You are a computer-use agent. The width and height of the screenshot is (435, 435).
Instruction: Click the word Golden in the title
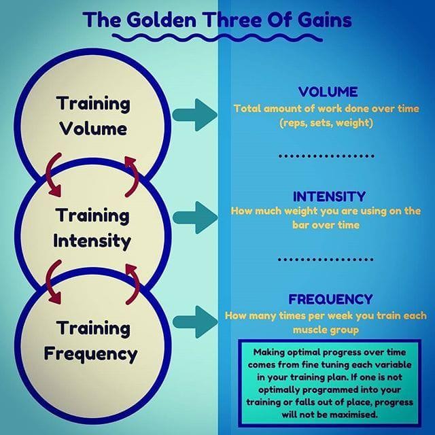162,20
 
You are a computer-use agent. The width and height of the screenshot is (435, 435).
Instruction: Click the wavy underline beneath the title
217,38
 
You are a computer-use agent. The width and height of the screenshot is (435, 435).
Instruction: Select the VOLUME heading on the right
328,92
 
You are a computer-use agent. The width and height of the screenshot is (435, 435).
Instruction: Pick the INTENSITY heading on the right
329,196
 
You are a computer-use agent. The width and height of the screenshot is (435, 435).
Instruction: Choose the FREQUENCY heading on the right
330,299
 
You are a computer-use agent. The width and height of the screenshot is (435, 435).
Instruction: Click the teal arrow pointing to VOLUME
195,115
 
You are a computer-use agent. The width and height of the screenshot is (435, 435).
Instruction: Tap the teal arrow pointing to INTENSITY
195,217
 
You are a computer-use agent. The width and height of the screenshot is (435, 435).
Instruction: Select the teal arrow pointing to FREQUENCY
195,322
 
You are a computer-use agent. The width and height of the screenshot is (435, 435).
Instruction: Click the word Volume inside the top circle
93,128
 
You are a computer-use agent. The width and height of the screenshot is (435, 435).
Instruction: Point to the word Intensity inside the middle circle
92,241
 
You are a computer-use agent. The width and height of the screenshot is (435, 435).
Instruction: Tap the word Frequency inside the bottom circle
90,354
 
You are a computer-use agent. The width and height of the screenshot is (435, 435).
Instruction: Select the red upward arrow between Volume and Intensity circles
132,177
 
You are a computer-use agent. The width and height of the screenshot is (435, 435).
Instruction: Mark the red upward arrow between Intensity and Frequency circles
133,283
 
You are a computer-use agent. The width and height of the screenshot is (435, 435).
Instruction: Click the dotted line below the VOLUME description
326,156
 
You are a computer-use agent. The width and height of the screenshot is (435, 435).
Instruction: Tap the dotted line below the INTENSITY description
326,260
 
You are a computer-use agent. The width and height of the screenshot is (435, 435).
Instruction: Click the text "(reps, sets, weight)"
326,122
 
